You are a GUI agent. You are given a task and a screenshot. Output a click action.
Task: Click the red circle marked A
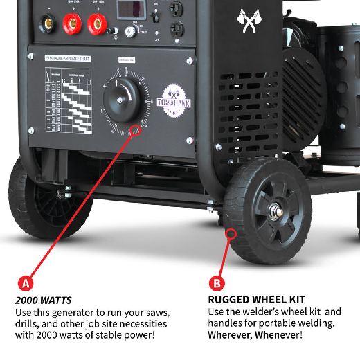(x=26, y=282)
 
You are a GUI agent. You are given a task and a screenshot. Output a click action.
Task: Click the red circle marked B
(x=216, y=282)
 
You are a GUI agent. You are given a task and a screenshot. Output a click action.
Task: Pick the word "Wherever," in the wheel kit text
(x=231, y=335)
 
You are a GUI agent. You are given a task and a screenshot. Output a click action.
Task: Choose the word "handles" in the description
(x=226, y=323)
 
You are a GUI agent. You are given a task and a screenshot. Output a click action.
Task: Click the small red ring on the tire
(x=230, y=235)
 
